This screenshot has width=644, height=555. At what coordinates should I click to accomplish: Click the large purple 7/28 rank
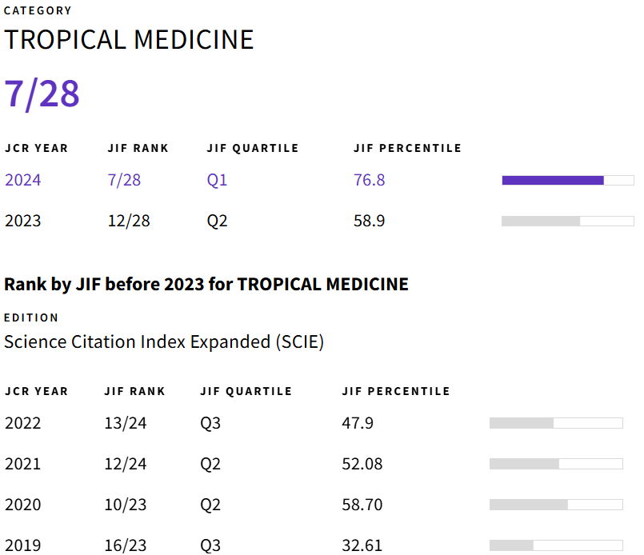pyautogui.click(x=42, y=94)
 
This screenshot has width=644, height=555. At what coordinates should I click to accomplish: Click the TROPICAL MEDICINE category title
pyautogui.click(x=129, y=39)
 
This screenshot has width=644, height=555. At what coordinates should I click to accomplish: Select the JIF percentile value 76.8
pyautogui.click(x=369, y=180)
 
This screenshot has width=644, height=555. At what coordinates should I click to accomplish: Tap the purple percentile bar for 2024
pyautogui.click(x=553, y=180)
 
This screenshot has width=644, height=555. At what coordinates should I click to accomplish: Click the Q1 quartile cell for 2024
pyautogui.click(x=217, y=180)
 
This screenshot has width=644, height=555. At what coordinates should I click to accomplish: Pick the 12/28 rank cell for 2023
pyautogui.click(x=129, y=221)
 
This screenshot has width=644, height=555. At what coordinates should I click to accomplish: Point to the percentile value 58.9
pyautogui.click(x=369, y=221)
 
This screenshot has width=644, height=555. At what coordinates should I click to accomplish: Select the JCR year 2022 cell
pyautogui.click(x=22, y=423)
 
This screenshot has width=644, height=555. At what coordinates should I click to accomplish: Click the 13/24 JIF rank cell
pyautogui.click(x=126, y=423)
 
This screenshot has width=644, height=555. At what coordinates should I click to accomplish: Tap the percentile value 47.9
pyautogui.click(x=357, y=423)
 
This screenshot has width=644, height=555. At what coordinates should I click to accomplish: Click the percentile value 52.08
pyautogui.click(x=362, y=464)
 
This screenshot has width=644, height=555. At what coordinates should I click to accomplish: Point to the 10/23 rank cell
pyautogui.click(x=126, y=505)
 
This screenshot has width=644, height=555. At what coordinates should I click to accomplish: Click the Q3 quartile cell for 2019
pyautogui.click(x=210, y=546)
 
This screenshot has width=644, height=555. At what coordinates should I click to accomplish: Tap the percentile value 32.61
pyautogui.click(x=362, y=546)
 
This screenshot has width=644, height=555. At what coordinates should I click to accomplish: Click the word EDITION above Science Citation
pyautogui.click(x=31, y=317)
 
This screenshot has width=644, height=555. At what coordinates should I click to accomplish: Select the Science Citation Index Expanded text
pyautogui.click(x=164, y=342)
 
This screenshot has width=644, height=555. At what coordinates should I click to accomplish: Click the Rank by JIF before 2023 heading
pyautogui.click(x=206, y=284)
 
